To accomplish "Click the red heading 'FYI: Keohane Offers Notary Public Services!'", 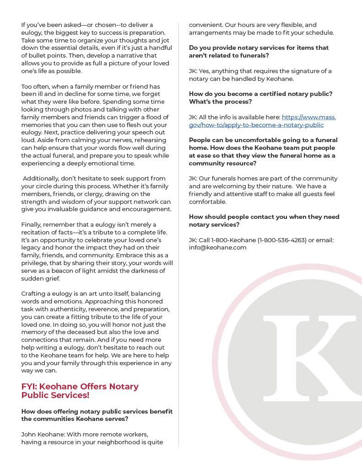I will click(x=80, y=391).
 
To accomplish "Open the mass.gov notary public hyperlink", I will click(x=262, y=121).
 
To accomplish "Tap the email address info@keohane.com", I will click(x=218, y=247).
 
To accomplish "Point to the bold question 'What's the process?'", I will click(x=220, y=101).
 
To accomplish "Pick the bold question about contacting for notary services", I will click(x=264, y=220).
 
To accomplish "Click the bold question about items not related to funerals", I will click(x=259, y=51).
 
